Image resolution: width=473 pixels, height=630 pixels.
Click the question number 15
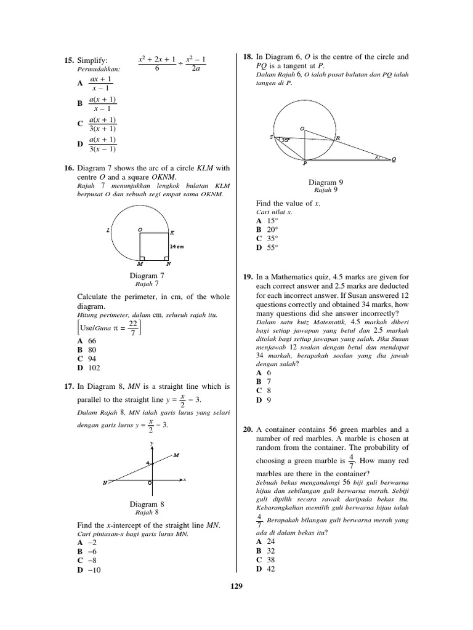click(68, 60)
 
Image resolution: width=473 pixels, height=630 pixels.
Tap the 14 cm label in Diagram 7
click(177, 245)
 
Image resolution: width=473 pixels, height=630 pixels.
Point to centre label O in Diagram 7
click(140, 229)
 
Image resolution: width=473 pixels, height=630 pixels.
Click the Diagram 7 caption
click(147, 276)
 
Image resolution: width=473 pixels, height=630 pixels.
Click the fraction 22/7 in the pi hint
click(132, 327)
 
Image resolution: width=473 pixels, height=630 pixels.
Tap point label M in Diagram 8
click(176, 455)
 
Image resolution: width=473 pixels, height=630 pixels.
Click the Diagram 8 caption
click(147, 504)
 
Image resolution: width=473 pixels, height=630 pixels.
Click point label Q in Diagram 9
click(394, 160)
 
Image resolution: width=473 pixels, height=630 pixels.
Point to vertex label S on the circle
click(271, 138)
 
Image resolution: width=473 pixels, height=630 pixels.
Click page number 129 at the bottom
click(236, 586)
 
